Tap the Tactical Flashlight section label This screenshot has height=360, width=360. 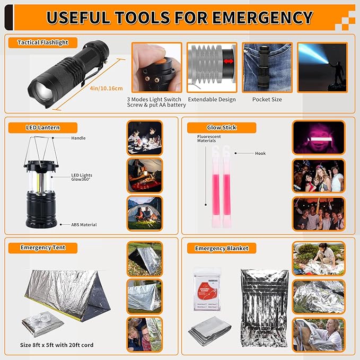coord(42,42)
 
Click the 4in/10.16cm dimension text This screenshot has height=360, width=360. coord(106,88)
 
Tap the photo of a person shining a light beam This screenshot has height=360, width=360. coord(319,67)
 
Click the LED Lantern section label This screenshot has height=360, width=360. coord(42,127)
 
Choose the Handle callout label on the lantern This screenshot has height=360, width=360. coord(78,138)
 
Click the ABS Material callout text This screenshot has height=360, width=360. coord(84,225)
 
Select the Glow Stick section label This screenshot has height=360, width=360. coord(222,127)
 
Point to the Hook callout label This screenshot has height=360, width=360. coord(260,153)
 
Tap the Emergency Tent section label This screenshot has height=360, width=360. coord(42,248)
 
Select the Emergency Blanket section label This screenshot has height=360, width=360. coord(222,248)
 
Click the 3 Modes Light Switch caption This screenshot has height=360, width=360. coord(154,99)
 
